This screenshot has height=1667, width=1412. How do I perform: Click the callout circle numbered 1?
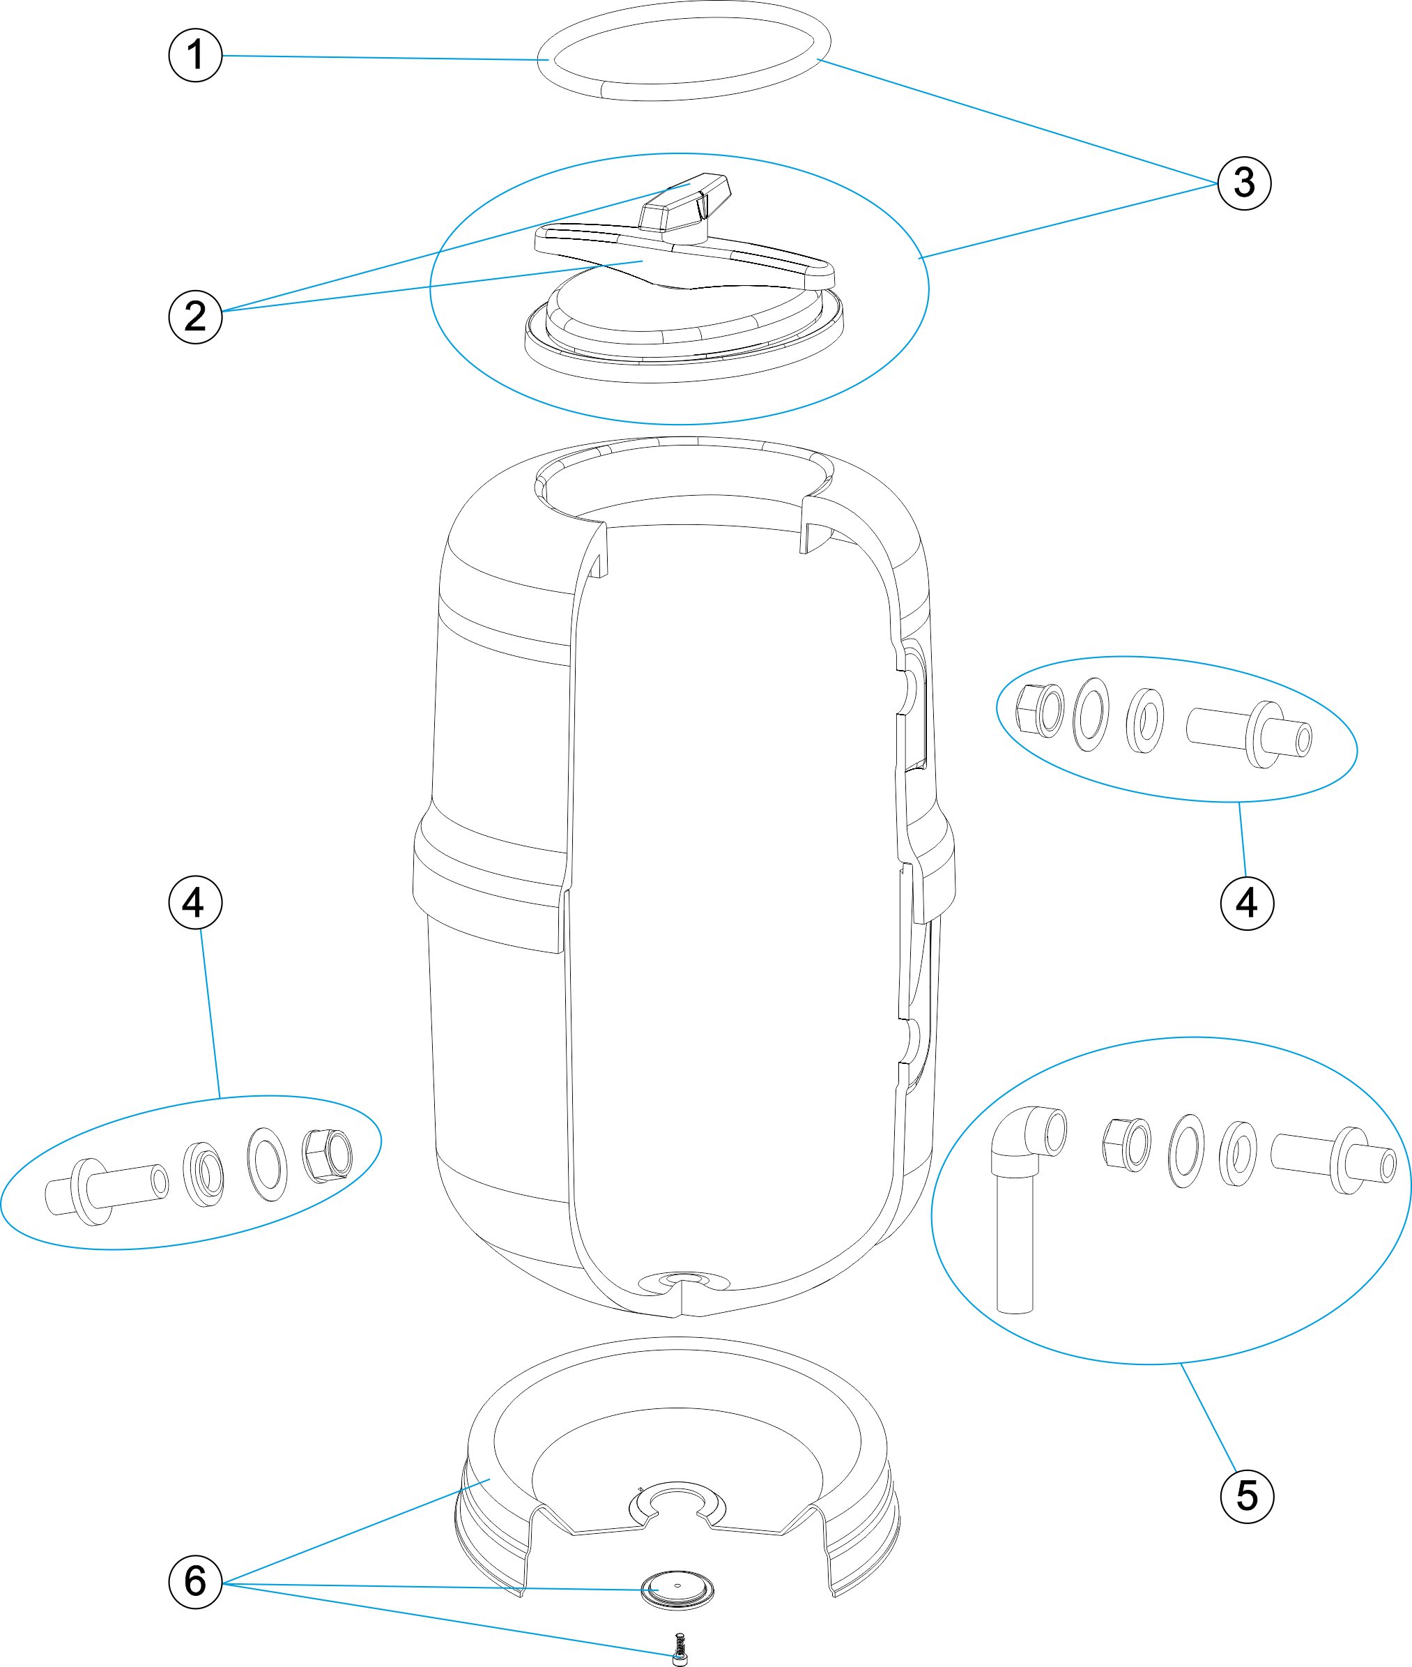pyautogui.click(x=195, y=55)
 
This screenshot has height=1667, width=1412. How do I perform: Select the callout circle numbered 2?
pyautogui.click(x=195, y=317)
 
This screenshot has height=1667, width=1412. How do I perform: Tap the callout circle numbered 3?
pyautogui.click(x=1244, y=183)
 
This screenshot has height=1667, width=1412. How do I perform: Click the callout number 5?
pyautogui.click(x=1246, y=1495)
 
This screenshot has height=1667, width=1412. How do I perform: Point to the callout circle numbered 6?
pyautogui.click(x=195, y=1581)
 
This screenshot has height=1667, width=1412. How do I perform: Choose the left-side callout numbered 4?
pyautogui.click(x=195, y=903)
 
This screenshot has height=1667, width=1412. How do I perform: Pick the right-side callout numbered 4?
pyautogui.click(x=1246, y=903)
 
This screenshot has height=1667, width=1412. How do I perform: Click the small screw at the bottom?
pyautogui.click(x=680, y=1650)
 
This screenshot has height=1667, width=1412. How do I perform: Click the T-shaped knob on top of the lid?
pyautogui.click(x=685, y=204)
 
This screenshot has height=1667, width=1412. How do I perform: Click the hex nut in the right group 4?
pyautogui.click(x=1039, y=710)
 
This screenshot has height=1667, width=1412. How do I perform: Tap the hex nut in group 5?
pyautogui.click(x=1126, y=1143)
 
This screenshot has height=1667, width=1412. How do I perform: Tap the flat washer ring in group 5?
pyautogui.click(x=1185, y=1150)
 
